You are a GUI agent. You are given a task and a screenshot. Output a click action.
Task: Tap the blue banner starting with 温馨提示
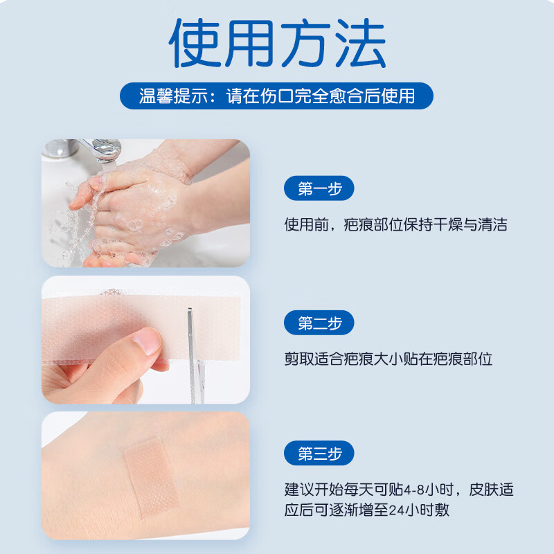(277, 96)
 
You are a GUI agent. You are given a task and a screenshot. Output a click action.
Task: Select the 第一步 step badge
(319, 188)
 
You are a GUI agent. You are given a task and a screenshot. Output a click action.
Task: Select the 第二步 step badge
(319, 323)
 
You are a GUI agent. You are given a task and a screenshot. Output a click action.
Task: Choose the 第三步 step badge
(319, 454)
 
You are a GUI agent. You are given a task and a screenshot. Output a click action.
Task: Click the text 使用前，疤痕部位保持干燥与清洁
(395, 224)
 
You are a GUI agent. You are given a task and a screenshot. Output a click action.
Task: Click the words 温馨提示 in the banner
(169, 96)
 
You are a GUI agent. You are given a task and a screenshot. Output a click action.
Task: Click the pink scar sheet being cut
(104, 325)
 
